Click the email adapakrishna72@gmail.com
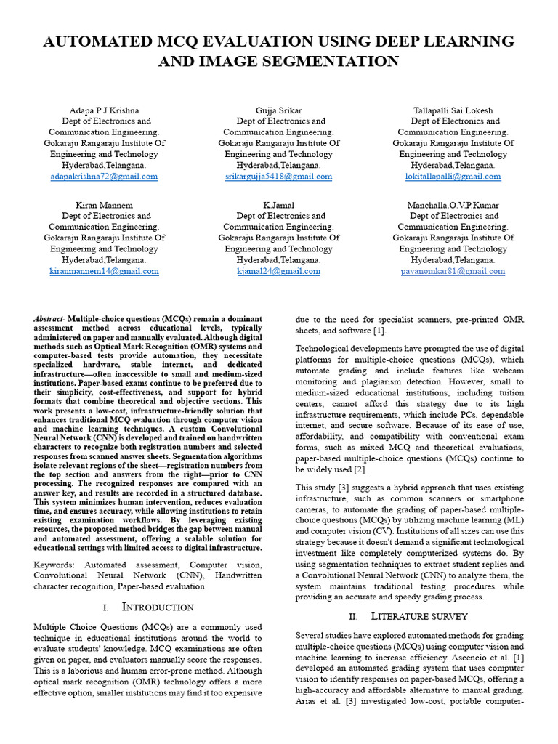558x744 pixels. coord(104,177)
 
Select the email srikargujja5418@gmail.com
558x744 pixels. coord(278,177)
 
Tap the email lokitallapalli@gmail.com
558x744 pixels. coord(453,177)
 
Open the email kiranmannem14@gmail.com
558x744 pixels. coord(104,271)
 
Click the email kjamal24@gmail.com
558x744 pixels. coord(278,271)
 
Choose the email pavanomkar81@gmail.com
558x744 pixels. coord(453,271)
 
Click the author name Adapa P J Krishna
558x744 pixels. coord(104,110)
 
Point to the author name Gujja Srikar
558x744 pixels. coord(278,110)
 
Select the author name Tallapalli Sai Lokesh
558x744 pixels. coord(453,110)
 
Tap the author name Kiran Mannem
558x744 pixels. coord(104,205)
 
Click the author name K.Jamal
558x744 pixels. coord(278,205)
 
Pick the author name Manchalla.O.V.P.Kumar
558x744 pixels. coord(453,205)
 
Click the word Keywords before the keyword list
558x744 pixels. coord(57,564)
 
